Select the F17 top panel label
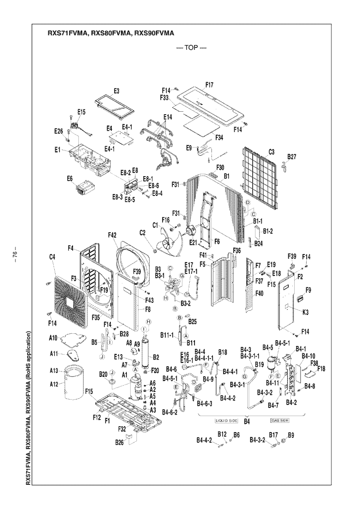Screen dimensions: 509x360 tap(210, 85)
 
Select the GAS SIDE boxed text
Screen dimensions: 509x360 tap(280, 420)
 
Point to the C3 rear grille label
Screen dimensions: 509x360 tap(271, 152)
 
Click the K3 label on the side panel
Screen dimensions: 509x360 tap(306, 313)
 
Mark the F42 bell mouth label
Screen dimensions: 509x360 tap(112, 235)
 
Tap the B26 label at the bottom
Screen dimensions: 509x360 tap(120, 442)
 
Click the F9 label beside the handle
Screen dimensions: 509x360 tap(308, 290)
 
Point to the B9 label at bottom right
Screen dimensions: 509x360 tap(291, 435)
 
